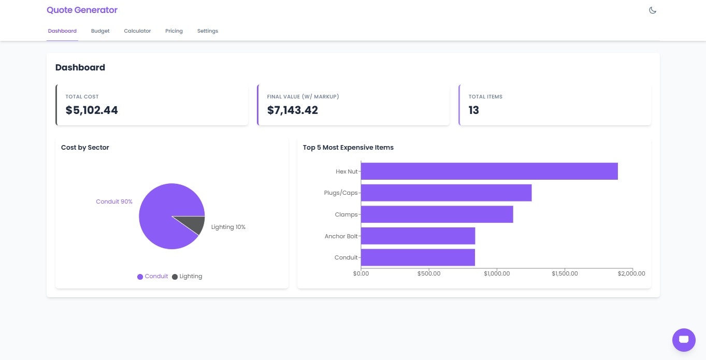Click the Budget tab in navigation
pos(100,31)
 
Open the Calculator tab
pos(137,31)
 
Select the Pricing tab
pos(174,31)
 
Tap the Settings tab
pos(207,31)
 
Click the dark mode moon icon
pos(653,10)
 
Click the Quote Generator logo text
pos(82,10)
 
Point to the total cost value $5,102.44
pos(92,110)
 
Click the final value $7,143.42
pos(293,110)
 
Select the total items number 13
pos(473,110)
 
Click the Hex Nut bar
pos(489,171)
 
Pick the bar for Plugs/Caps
pos(446,193)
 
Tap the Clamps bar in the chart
pos(437,214)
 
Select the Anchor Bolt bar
pos(417,236)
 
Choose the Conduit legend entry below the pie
pos(153,277)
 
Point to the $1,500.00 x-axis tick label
pos(565,273)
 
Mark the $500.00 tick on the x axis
pos(428,273)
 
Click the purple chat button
pos(683,340)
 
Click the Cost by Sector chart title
pos(85,148)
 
